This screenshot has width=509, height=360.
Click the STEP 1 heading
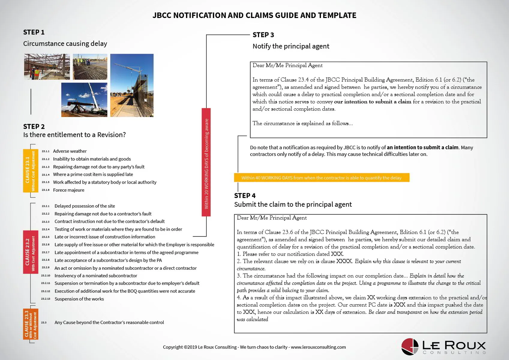click(34, 32)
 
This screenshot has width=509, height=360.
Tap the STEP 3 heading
click(263, 35)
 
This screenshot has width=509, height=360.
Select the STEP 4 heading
click(245, 196)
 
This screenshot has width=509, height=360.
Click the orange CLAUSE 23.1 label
click(30, 170)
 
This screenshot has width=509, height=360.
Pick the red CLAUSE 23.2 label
click(30, 252)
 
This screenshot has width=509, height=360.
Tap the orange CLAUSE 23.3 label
click(30, 324)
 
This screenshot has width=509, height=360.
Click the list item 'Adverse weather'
click(70, 151)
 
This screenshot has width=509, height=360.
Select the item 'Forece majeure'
click(68, 190)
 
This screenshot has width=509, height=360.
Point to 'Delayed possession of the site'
click(85, 206)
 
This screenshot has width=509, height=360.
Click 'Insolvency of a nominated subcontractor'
click(96, 276)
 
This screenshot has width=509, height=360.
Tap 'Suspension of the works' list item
click(79, 299)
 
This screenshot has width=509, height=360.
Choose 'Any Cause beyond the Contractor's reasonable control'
click(109, 322)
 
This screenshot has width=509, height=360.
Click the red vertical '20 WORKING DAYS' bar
click(206, 162)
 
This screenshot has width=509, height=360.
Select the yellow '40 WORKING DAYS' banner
click(322, 178)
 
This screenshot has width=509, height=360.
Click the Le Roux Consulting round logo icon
click(410, 346)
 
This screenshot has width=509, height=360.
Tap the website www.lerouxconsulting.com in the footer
click(318, 347)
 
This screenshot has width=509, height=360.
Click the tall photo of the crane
click(132, 85)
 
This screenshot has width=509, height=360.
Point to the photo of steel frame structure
click(47, 67)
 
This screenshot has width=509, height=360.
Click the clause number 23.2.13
click(46, 299)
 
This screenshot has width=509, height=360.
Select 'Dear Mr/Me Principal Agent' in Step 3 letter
click(287, 65)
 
